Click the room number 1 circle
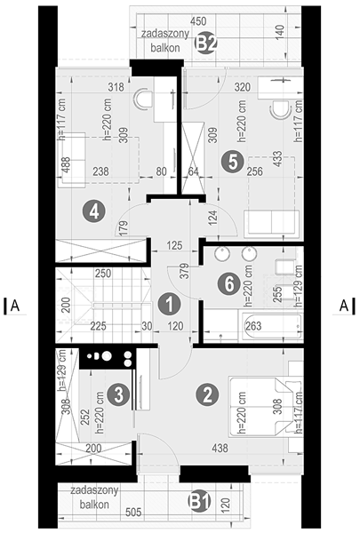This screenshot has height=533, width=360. [169, 304]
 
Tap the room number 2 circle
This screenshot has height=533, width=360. [207, 394]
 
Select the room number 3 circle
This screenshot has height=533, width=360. [118, 395]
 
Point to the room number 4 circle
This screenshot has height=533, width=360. [94, 211]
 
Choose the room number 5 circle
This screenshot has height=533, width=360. [232, 162]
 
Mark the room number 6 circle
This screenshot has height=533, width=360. [229, 284]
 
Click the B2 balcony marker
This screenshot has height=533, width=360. [205, 44]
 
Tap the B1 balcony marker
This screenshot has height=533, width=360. [200, 501]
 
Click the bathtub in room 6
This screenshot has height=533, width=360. [271, 326]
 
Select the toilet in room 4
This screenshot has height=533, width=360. [144, 99]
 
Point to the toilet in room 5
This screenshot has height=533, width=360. [280, 109]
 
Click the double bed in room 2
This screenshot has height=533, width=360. [266, 406]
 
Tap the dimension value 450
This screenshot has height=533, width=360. [198, 21]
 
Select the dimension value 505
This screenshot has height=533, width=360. [133, 512]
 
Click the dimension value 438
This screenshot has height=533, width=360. [220, 448]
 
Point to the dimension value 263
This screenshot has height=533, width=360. [253, 326]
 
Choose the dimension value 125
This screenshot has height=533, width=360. [174, 245]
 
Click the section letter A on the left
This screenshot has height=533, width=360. [15, 306]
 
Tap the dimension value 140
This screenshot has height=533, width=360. [280, 32]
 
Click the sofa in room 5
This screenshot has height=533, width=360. [271, 223]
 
